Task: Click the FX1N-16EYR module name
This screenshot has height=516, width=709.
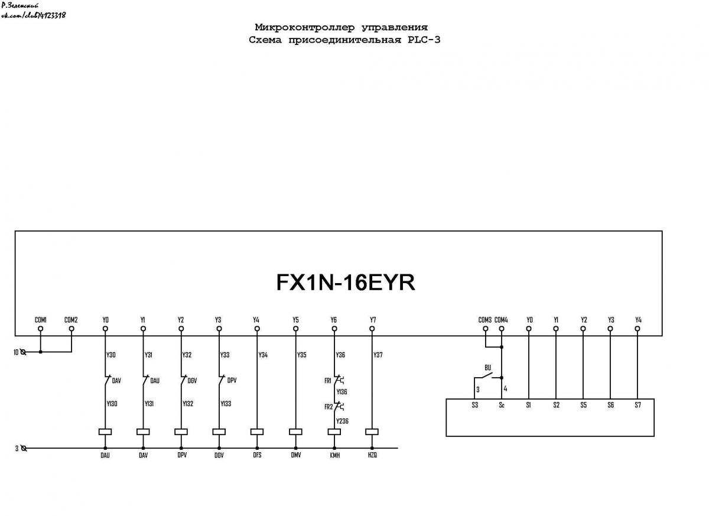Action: click(346, 282)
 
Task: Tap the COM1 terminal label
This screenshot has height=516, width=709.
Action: click(41, 320)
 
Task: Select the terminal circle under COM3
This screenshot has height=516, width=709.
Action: click(485, 329)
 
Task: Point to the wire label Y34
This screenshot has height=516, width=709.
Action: click(263, 355)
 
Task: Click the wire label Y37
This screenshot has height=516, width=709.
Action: click(378, 355)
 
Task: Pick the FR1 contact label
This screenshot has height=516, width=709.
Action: click(327, 381)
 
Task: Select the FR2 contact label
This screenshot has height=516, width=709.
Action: click(329, 407)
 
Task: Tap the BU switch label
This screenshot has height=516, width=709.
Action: click(488, 368)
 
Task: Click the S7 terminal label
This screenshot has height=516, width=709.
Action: click(638, 405)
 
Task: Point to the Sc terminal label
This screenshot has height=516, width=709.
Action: click(502, 405)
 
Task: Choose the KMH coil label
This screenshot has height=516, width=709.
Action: click(335, 455)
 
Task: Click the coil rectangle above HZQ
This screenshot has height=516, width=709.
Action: click(372, 431)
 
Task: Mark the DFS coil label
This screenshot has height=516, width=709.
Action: click(257, 455)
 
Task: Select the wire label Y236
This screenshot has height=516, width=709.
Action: click(342, 421)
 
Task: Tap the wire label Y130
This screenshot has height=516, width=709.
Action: click(112, 404)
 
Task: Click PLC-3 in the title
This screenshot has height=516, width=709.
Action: click(424, 40)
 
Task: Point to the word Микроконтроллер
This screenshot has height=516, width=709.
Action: click(305, 27)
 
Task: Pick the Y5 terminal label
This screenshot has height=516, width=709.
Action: click(295, 320)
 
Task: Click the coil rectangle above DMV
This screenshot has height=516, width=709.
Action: click(295, 431)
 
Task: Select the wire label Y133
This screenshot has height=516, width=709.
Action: click(226, 404)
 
